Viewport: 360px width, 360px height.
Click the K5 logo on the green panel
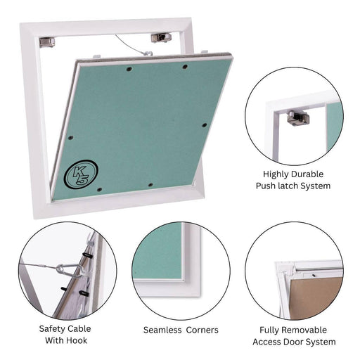[81, 174]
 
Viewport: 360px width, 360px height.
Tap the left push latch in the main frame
[47, 42]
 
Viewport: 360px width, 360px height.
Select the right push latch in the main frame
[161, 38]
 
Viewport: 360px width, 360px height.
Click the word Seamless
[162, 330]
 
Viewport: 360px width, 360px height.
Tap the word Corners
[202, 330]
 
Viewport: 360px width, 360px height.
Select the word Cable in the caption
[78, 328]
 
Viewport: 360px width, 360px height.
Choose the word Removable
[307, 330]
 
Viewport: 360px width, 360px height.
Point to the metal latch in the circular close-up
[298, 118]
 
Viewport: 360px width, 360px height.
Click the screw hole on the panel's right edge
[205, 125]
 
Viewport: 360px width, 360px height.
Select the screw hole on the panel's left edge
[70, 138]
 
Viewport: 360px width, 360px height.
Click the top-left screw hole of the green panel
[129, 69]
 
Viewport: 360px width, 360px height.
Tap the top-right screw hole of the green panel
[185, 67]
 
